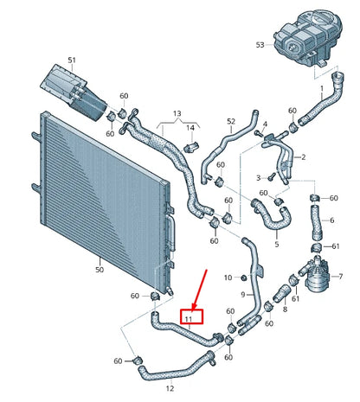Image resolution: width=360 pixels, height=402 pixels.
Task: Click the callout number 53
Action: [260, 44]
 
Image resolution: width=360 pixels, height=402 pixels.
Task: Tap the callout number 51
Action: [72, 60]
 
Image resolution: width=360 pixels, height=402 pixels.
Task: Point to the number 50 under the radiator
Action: [98, 270]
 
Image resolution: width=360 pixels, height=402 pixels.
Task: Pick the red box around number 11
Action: [190, 318]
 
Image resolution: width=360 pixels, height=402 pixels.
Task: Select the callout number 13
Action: [177, 113]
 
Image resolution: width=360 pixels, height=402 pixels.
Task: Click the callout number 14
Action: [190, 127]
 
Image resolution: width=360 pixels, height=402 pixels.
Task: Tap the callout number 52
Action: [230, 122]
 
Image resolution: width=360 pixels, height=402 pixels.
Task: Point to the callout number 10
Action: [228, 278]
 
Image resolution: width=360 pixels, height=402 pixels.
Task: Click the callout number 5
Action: [276, 245]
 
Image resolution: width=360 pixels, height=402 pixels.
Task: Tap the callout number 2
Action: [303, 157]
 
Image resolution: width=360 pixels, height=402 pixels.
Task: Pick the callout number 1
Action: [322, 87]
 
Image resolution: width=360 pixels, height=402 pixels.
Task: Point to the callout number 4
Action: [264, 123]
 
